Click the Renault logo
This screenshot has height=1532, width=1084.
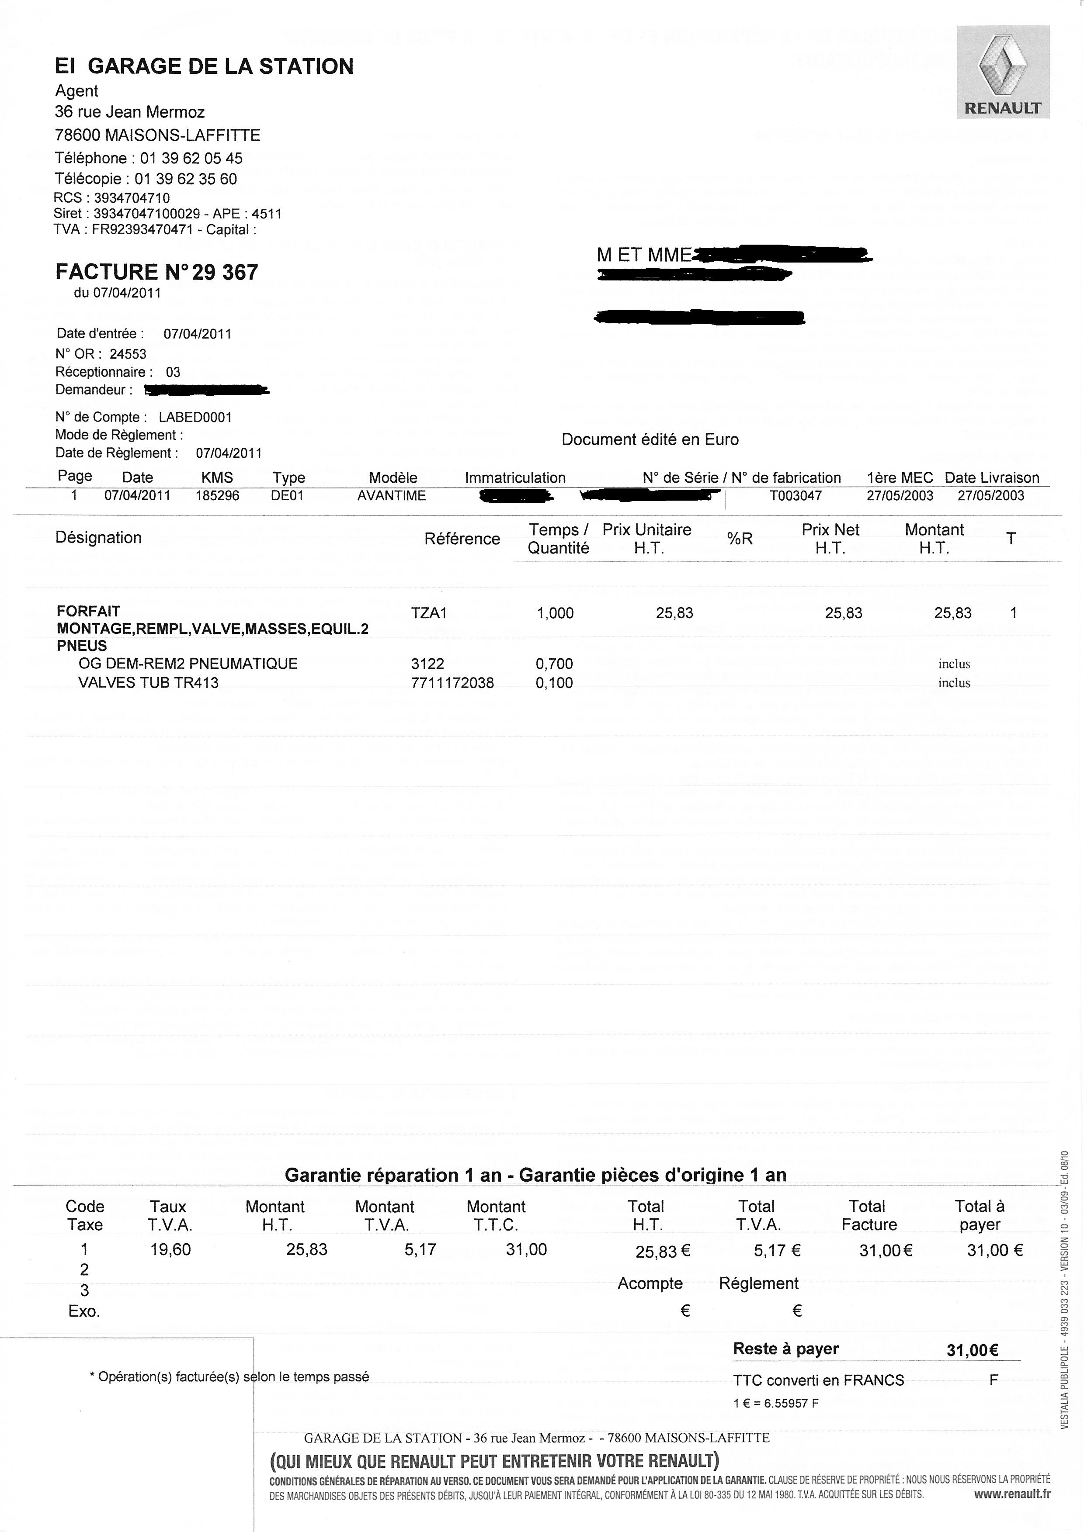coord(1003,72)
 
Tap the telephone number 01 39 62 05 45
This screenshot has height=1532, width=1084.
coord(191,158)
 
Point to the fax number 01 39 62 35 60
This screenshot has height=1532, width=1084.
coord(186,179)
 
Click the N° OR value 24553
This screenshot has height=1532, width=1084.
coord(128,354)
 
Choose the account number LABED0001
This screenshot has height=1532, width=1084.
coord(195,417)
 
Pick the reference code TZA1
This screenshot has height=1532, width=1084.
coord(428,612)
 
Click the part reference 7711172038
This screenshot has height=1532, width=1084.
coord(452,683)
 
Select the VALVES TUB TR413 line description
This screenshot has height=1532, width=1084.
coord(148,683)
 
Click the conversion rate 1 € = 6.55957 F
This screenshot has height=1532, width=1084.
coord(775,1403)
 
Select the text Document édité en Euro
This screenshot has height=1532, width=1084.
coord(650,440)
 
